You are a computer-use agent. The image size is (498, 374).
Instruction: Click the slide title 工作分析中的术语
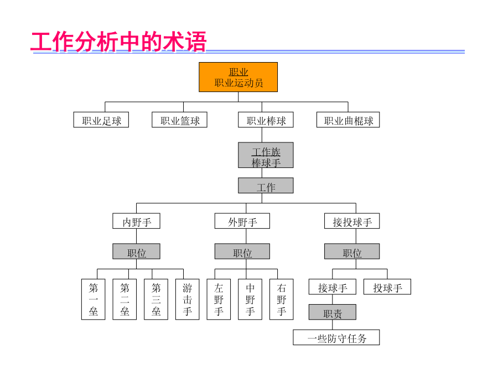click(119, 42)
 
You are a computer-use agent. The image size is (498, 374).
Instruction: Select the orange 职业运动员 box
click(238, 77)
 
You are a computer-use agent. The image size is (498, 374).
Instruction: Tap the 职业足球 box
click(101, 120)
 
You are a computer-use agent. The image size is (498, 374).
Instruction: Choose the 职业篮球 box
click(179, 120)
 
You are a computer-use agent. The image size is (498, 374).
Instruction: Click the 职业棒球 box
click(266, 120)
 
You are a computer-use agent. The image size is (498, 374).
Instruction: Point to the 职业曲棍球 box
click(348, 120)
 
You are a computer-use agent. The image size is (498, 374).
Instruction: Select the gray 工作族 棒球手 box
click(266, 155)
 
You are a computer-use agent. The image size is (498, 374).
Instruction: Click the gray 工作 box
click(266, 186)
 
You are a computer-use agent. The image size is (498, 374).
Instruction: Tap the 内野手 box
click(136, 221)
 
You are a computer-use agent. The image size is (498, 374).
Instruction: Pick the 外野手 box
click(242, 221)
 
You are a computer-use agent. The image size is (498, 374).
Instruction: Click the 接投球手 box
click(352, 221)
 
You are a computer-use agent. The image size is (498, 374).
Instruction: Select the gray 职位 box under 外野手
click(242, 251)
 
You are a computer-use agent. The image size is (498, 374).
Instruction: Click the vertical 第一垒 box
click(93, 299)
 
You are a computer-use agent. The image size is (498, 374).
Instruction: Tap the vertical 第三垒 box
click(156, 299)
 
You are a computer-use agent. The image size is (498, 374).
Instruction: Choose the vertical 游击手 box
click(188, 299)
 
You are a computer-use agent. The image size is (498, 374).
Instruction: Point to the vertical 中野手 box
click(250, 299)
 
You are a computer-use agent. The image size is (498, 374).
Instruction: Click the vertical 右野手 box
click(282, 299)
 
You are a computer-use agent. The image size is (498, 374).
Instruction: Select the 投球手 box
click(387, 286)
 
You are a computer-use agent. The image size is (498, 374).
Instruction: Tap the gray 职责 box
click(332, 312)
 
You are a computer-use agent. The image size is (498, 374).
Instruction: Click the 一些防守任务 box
click(336, 337)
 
